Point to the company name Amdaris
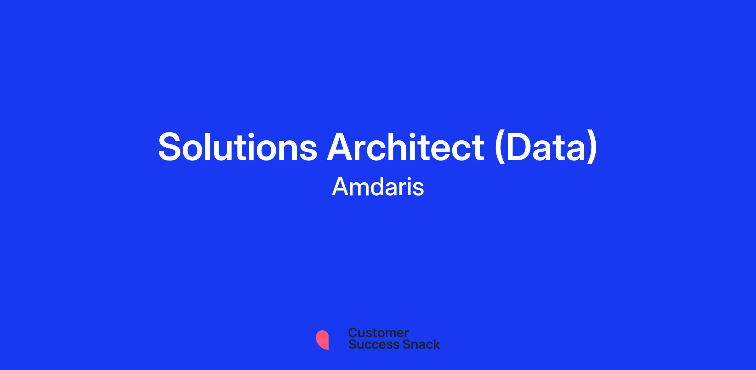coord(378,186)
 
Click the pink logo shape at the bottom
coord(322,340)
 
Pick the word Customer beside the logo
coord(378,332)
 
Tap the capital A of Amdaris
coord(341,186)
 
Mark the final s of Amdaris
coord(418,189)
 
